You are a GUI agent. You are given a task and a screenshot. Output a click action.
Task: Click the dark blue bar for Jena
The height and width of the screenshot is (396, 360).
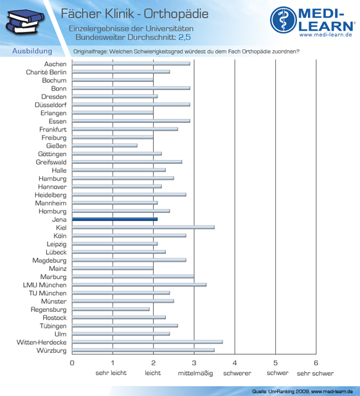[114, 219]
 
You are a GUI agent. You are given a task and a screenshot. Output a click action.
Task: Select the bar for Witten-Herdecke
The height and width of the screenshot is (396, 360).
[147, 342]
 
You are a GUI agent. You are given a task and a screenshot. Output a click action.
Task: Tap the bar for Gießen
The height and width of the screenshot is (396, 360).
[105, 145]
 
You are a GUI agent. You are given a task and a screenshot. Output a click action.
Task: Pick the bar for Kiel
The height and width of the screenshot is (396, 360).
[143, 228]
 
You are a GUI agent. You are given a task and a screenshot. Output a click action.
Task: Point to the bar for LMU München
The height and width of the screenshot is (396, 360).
[139, 285]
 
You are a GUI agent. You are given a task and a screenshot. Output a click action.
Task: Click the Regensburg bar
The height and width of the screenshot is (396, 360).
[111, 309]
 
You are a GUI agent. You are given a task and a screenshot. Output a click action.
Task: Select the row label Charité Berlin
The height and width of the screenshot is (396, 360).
[46, 72]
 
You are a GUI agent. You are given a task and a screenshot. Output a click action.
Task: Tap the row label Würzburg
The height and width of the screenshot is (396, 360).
[51, 350]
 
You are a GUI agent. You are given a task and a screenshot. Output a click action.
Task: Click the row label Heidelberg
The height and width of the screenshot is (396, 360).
[51, 195]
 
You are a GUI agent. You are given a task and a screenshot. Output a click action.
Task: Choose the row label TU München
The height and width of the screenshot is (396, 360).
[48, 293]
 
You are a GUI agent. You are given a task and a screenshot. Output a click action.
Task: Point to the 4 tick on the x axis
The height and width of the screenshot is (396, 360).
[235, 363]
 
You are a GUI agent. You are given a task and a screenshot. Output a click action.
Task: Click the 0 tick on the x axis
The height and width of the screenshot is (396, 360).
[72, 363]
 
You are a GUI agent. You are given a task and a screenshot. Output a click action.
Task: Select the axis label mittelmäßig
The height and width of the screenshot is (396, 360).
[195, 373]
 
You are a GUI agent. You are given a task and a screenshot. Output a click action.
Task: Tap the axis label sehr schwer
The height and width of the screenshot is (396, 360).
[315, 373]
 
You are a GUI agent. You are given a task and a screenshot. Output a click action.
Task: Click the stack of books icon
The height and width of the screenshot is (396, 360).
[24, 22]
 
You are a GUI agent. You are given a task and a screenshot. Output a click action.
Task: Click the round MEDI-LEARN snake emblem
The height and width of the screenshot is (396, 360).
[283, 20]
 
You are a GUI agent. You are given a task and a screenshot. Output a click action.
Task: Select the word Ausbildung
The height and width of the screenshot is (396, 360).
[32, 51]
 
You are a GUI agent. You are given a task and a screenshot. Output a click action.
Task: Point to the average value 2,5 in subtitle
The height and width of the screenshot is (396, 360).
[184, 37]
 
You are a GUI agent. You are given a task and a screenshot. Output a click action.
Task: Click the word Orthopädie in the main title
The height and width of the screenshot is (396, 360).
[176, 14]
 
